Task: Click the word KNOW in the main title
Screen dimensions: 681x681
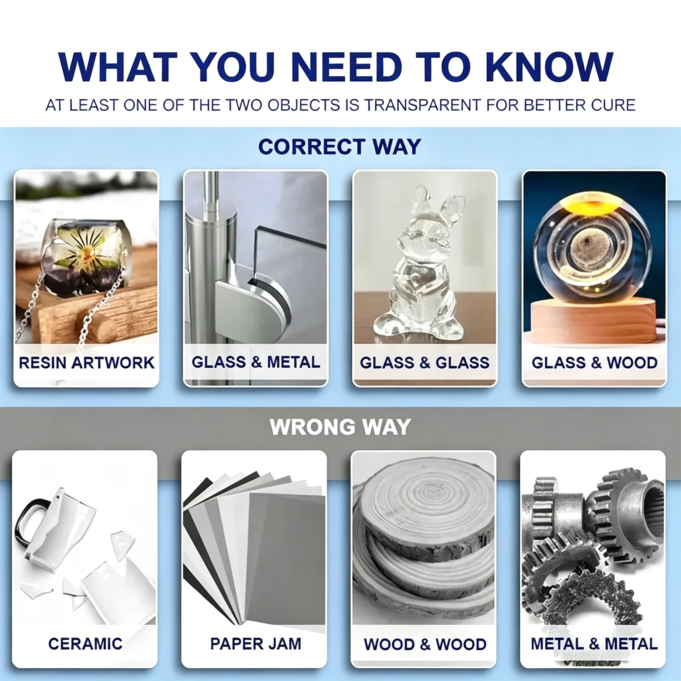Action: [x=549, y=67]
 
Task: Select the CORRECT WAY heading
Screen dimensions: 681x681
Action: [x=340, y=147]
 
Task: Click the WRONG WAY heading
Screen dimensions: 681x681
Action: [x=340, y=427]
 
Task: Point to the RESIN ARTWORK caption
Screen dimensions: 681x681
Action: [x=86, y=363]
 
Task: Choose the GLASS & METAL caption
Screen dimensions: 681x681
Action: [x=256, y=362]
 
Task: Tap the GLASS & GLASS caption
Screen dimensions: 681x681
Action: [x=424, y=363]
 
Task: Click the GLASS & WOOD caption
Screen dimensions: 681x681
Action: [x=594, y=363]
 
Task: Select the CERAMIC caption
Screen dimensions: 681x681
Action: [x=85, y=643]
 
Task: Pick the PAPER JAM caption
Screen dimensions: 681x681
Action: [x=255, y=643]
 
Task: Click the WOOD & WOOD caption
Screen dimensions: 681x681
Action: [x=425, y=644]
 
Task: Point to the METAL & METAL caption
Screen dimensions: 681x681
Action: [x=594, y=644]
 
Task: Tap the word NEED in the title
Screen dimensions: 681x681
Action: [x=346, y=67]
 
